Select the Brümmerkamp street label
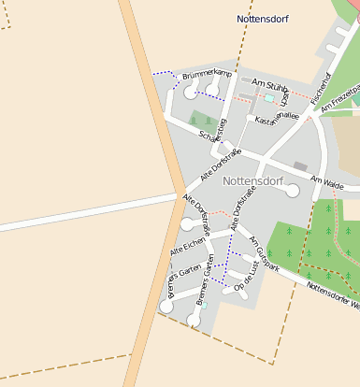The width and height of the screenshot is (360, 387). (207, 72)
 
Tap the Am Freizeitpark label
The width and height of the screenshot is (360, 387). (341, 97)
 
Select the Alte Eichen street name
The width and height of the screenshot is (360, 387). (188, 248)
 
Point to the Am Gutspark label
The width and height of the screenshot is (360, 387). (264, 253)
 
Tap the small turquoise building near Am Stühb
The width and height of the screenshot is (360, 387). (270, 97)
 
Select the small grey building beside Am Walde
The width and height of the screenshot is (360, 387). (299, 165)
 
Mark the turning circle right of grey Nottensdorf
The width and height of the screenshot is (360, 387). (293, 191)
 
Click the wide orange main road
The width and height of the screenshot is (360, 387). (154, 140)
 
